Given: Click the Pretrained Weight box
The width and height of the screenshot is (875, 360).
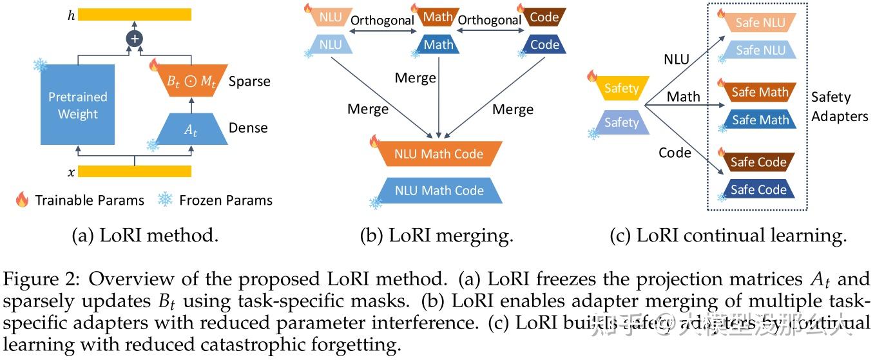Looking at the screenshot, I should [78, 105].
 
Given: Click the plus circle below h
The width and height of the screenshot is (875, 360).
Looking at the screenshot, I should [135, 39].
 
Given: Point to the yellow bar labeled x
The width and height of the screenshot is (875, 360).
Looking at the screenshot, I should [135, 171].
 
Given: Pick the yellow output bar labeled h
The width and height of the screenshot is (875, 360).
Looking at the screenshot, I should [135, 14].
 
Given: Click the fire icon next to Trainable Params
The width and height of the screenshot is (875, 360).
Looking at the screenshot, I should [23, 200].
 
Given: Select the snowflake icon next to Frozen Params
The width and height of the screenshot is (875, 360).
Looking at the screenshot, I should [166, 200].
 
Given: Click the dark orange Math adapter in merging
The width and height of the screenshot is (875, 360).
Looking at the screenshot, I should [438, 17].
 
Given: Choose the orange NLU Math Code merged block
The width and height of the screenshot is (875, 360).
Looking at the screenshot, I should [439, 154].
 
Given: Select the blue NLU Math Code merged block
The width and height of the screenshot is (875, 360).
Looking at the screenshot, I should [439, 190].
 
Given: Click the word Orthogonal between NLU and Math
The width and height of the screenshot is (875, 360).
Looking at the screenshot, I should [382, 21].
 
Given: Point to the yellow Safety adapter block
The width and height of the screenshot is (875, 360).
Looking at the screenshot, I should [620, 88].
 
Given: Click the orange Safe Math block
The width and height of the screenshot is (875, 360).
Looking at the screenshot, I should [759, 92].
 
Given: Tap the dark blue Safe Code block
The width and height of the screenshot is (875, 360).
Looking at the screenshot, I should [758, 189].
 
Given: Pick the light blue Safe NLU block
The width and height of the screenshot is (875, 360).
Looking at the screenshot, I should [760, 50].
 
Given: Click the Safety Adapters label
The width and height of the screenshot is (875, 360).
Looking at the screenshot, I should [839, 106].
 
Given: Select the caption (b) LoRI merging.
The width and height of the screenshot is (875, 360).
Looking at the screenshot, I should [436, 236].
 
